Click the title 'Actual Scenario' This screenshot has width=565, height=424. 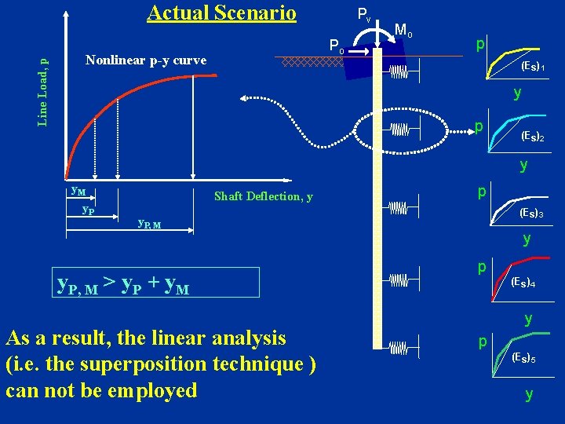click(221, 13)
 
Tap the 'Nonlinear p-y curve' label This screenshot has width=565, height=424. click(146, 60)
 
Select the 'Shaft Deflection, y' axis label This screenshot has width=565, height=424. click(263, 196)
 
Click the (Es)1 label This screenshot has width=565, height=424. click(533, 68)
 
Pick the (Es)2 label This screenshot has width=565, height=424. click(531, 137)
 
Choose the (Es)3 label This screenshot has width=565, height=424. click(531, 213)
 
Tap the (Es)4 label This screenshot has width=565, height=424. click(523, 282)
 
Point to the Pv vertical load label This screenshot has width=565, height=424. click(364, 14)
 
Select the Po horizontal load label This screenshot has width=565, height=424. click(337, 46)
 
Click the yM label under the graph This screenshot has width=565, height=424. click(78, 192)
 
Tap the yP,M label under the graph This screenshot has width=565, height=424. click(149, 224)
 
